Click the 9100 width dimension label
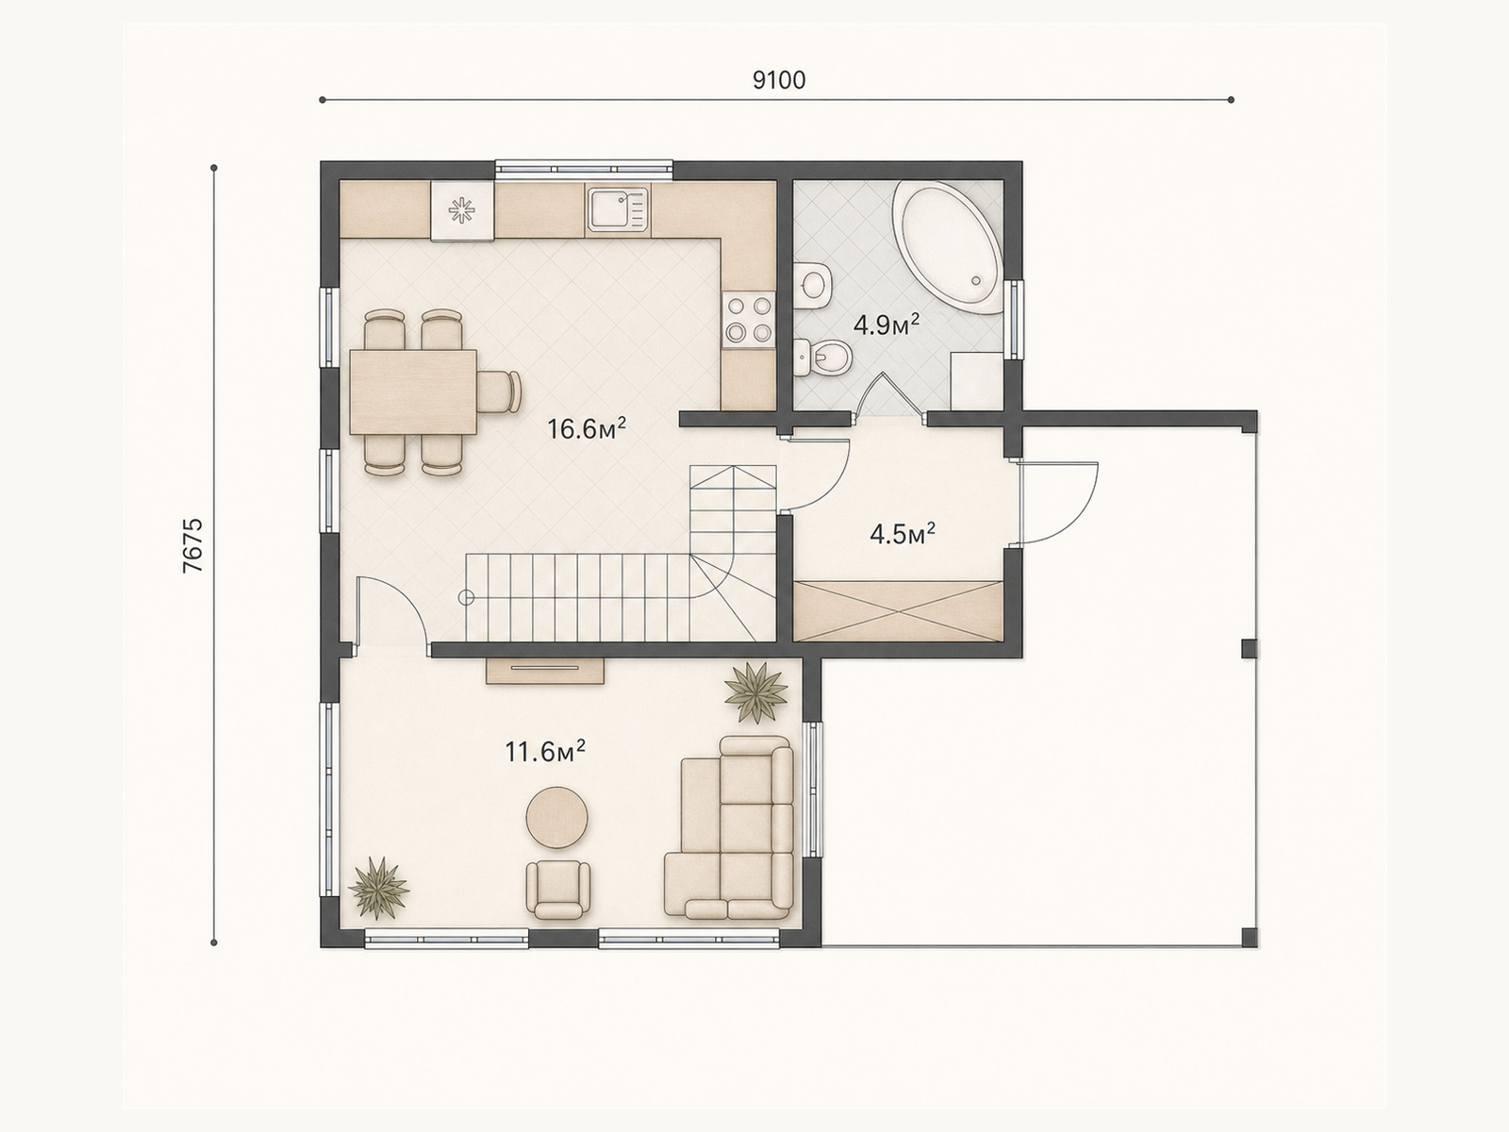pyautogui.click(x=779, y=80)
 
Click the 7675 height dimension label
pyautogui.click(x=194, y=545)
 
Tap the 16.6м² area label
pyautogui.click(x=587, y=429)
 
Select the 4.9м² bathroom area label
pyautogui.click(x=887, y=325)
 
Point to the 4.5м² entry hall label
pyautogui.click(x=902, y=534)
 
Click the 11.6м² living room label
pyautogui.click(x=545, y=751)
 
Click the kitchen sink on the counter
pyautogui.click(x=618, y=209)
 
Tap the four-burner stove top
pyautogui.click(x=748, y=317)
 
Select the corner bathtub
pyautogui.click(x=947, y=247)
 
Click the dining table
pyautogui.click(x=413, y=391)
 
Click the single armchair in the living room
pyautogui.click(x=558, y=889)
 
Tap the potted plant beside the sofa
pyautogui.click(x=755, y=692)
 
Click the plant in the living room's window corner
pyautogui.click(x=378, y=888)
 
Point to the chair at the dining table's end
pyautogui.click(x=500, y=391)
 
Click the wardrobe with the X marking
pyautogui.click(x=897, y=611)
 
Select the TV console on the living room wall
pyautogui.click(x=545, y=671)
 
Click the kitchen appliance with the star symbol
pyautogui.click(x=462, y=211)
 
